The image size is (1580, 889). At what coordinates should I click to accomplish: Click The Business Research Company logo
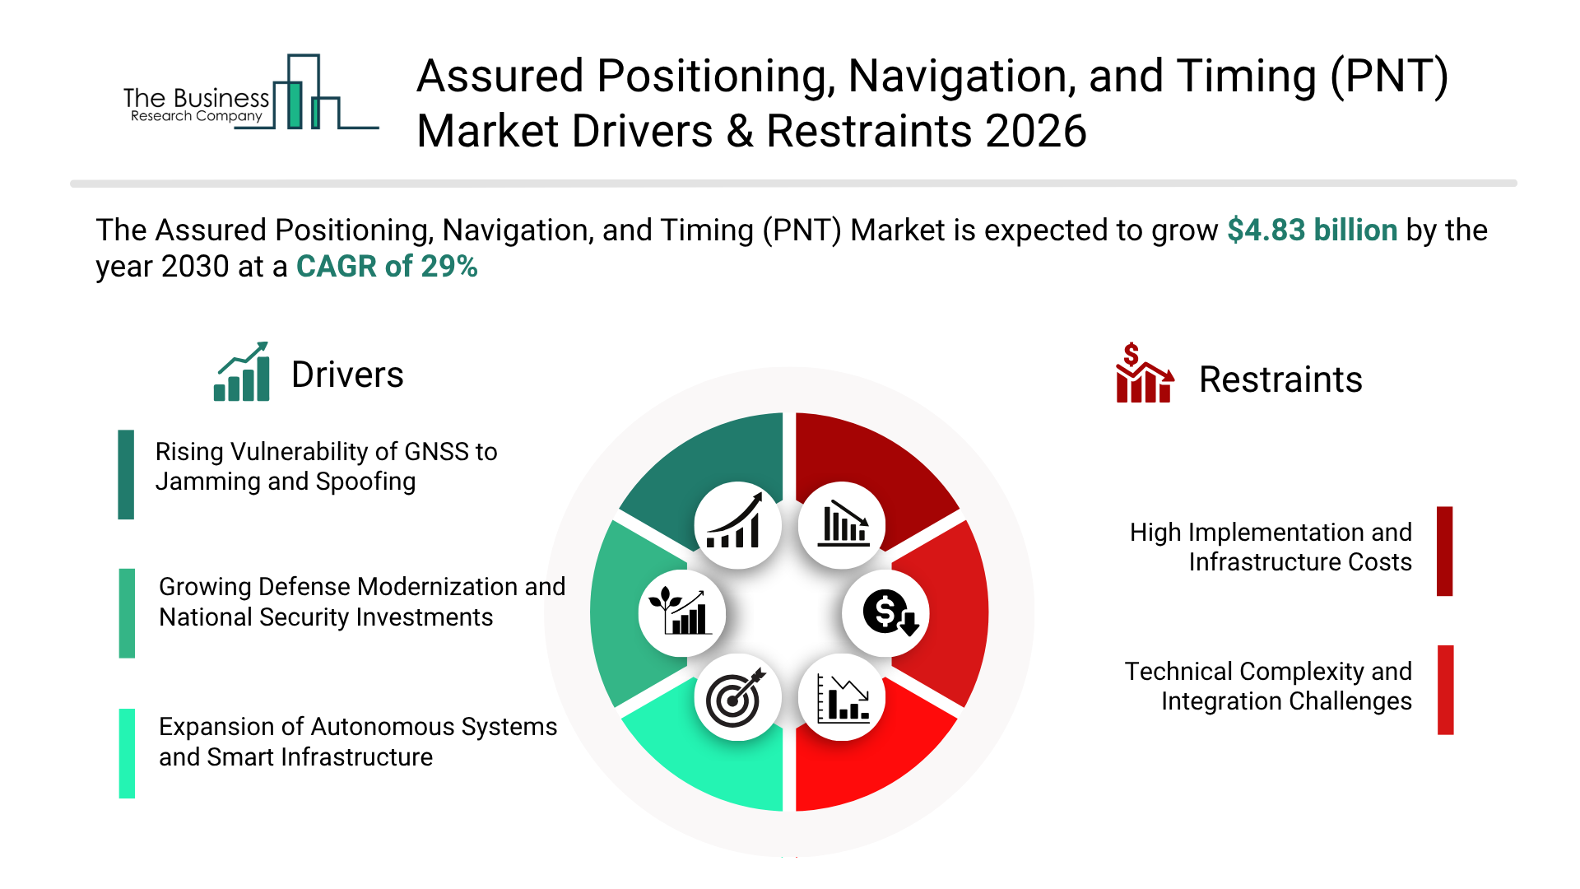click(247, 95)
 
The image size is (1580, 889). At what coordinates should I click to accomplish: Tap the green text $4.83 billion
click(1312, 230)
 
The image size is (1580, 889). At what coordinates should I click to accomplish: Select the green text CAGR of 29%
click(387, 267)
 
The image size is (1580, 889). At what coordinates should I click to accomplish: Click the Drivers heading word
click(347, 375)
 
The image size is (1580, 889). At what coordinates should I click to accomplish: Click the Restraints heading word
click(1280, 380)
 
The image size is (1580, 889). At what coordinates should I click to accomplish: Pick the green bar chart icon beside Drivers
click(242, 372)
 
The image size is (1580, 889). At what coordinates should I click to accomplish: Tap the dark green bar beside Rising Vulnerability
click(126, 474)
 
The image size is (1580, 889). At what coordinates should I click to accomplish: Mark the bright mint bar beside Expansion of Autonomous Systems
click(127, 753)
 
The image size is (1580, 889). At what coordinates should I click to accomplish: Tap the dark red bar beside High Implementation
click(1444, 551)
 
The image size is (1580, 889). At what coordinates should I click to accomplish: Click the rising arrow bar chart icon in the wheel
click(737, 525)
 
